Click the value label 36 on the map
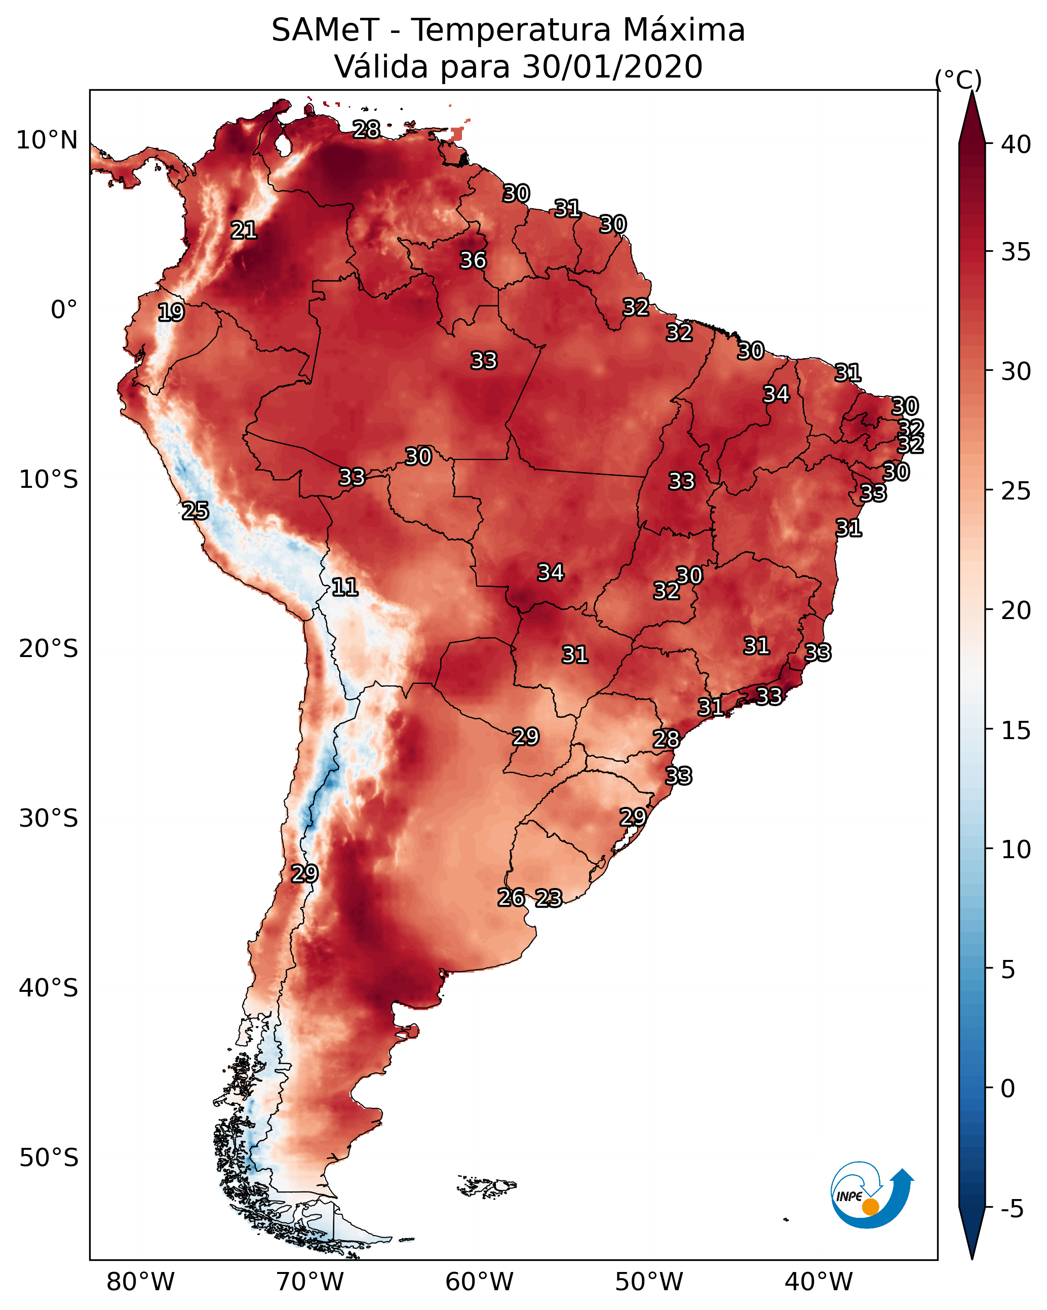coord(473,260)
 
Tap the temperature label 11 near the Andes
coord(344,587)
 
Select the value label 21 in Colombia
coord(244,229)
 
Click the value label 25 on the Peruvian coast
coord(195,511)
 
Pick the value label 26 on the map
coord(511,898)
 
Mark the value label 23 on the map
coord(549,898)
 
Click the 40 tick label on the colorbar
coord(1016,144)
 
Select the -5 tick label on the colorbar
coord(1012,1209)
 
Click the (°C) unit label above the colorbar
coord(958,80)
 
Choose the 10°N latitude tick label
coord(47,140)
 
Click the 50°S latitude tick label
coord(49,1158)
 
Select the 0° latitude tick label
coord(64,310)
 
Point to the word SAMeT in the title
coord(325,30)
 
